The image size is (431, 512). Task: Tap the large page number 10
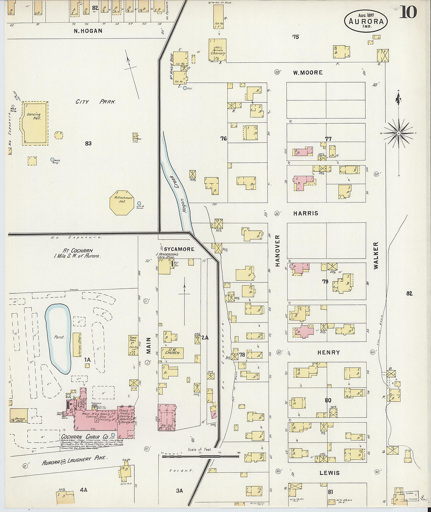[x=408, y=13]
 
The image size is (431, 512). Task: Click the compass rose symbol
[x=399, y=133]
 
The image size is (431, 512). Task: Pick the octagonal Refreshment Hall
[x=121, y=203]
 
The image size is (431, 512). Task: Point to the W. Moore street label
[x=308, y=73]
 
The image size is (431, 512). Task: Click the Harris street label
[x=306, y=213]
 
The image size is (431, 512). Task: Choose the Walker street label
[x=376, y=255]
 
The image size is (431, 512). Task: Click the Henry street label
[x=328, y=353]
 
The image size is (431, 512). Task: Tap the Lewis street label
[x=329, y=473]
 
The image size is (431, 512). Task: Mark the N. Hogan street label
[x=88, y=31]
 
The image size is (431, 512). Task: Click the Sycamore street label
[x=179, y=249]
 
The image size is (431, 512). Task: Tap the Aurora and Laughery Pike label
[x=74, y=461]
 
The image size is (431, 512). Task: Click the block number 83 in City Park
[x=88, y=144]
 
